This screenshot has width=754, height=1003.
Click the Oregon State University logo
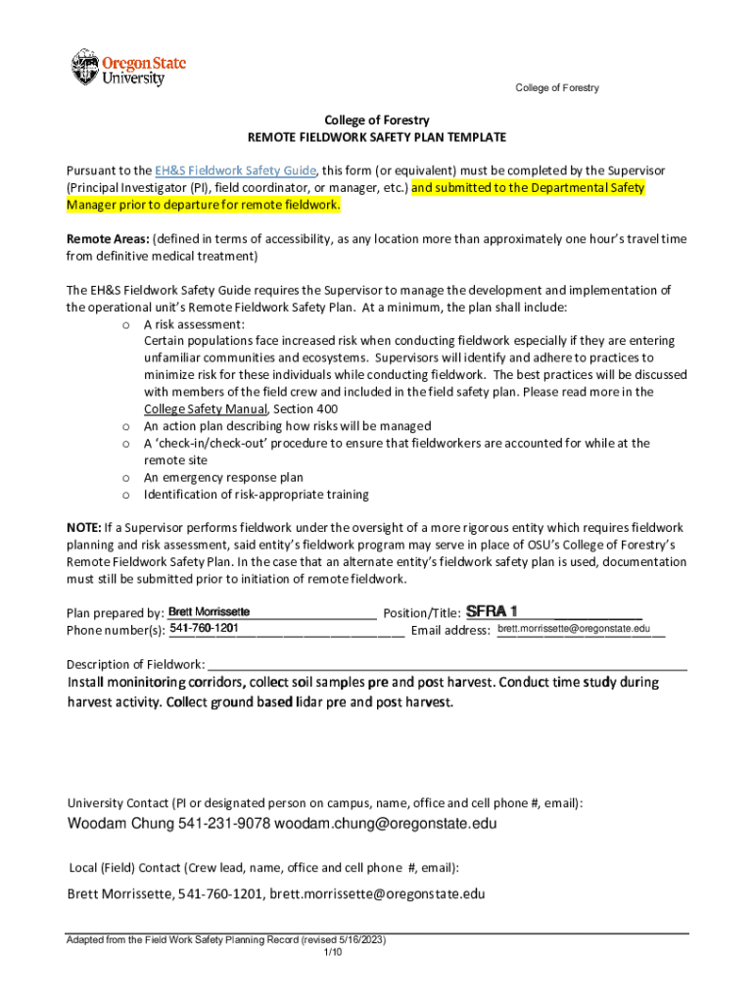click(x=127, y=68)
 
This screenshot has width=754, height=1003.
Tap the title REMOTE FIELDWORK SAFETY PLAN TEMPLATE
click(x=377, y=137)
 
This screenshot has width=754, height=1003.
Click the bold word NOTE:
click(x=83, y=528)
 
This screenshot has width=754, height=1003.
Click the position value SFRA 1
click(x=492, y=611)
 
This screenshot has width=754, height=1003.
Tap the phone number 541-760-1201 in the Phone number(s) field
click(x=206, y=628)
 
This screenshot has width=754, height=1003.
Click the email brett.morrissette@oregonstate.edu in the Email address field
click(x=573, y=628)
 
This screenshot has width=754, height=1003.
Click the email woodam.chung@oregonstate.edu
click(x=386, y=824)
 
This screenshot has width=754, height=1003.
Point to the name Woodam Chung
click(x=120, y=824)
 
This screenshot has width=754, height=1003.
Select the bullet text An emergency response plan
click(x=223, y=478)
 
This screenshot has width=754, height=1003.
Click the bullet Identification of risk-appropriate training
click(x=257, y=495)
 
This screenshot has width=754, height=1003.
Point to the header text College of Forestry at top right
click(x=557, y=88)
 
